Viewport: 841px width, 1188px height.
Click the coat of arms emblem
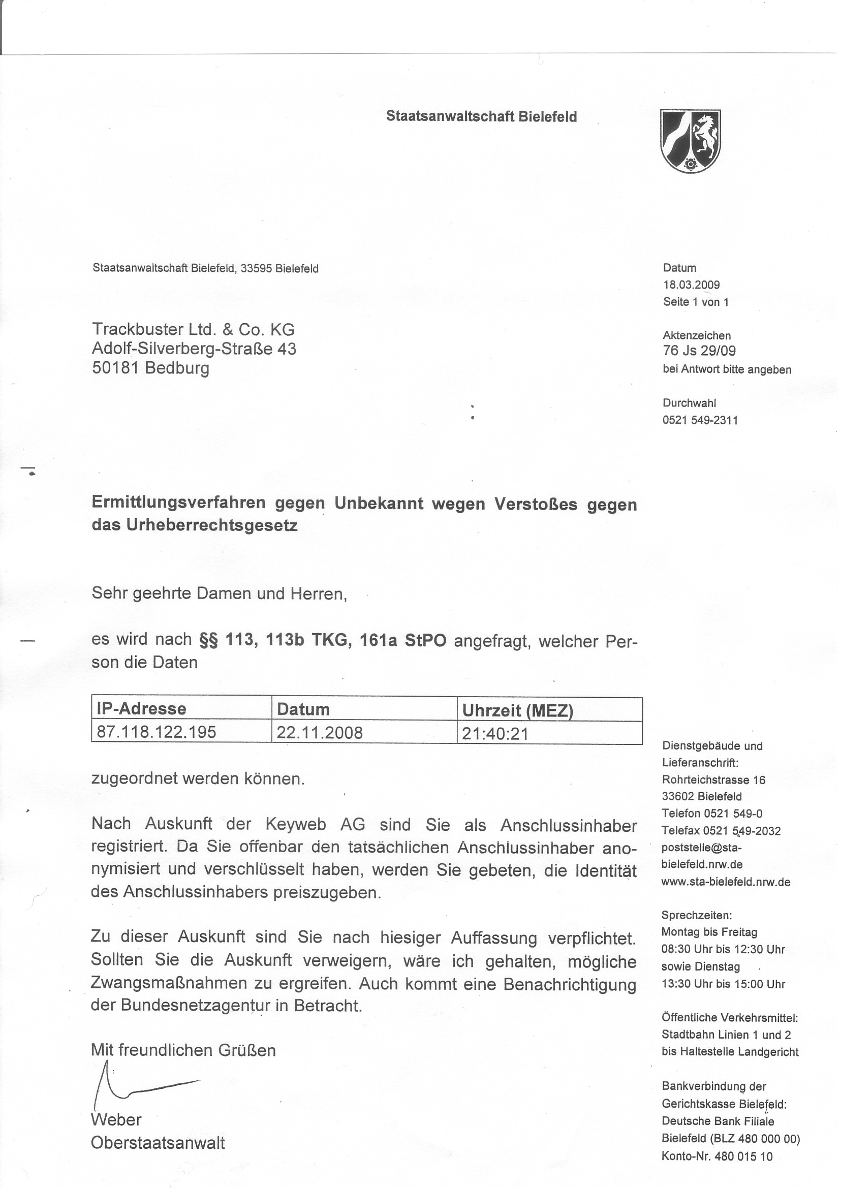click(x=690, y=141)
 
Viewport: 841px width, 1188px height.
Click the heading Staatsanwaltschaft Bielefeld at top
click(x=481, y=116)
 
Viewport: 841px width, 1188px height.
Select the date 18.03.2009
click(x=691, y=285)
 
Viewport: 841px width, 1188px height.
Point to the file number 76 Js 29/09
click(x=699, y=351)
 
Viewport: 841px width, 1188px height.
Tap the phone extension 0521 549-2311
click(x=700, y=420)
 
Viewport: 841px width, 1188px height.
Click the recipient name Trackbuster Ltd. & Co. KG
click(x=193, y=329)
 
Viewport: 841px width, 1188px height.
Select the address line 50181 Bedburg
click(x=151, y=368)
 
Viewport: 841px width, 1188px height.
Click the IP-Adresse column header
click(x=141, y=708)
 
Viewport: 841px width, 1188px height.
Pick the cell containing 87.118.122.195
click(x=157, y=732)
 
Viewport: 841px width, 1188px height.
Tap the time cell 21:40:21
click(x=495, y=733)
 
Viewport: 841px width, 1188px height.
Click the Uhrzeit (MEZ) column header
click(x=517, y=710)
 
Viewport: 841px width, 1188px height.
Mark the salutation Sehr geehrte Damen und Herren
click(x=219, y=593)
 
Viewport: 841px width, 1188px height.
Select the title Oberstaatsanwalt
click(x=158, y=1143)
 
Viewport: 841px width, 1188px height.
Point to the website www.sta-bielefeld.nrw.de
click(x=726, y=882)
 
